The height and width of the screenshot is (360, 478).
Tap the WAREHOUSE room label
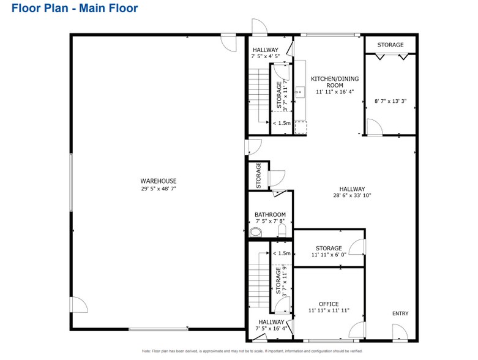click(x=159, y=181)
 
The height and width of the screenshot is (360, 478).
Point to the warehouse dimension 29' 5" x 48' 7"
click(x=159, y=189)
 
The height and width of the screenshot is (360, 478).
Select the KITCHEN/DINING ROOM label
click(x=335, y=79)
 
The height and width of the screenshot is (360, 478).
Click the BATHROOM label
click(x=270, y=214)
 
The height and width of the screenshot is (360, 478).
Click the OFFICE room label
click(x=329, y=304)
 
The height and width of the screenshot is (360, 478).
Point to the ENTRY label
click(x=400, y=313)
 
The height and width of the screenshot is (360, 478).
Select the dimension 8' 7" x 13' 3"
click(x=390, y=101)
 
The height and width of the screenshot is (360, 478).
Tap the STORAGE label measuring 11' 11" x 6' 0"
click(x=329, y=248)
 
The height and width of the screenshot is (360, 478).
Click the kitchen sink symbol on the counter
click(x=301, y=92)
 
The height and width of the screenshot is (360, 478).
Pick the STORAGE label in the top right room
click(x=390, y=45)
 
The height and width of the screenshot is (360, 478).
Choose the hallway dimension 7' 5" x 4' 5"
click(x=265, y=56)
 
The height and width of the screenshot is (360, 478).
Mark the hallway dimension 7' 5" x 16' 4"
click(x=271, y=329)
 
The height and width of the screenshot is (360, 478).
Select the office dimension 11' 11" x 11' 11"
click(x=329, y=311)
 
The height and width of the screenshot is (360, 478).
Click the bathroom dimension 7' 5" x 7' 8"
click(x=270, y=222)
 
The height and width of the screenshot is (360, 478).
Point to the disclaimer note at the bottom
click(x=252, y=351)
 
